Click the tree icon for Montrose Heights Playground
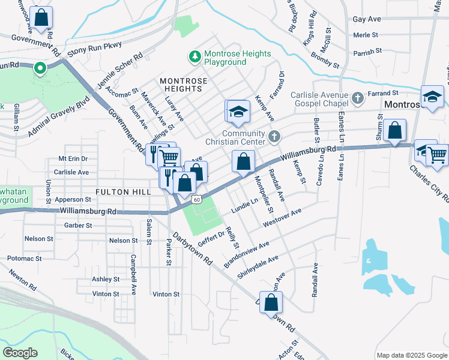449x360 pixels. [x=194, y=57]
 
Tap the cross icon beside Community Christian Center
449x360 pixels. [x=274, y=137]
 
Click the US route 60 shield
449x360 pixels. [x=196, y=198]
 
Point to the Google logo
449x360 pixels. [x=20, y=352]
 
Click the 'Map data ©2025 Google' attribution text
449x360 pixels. [x=411, y=355]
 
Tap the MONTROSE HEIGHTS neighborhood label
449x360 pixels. [x=184, y=85]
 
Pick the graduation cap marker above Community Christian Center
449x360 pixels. [x=238, y=112]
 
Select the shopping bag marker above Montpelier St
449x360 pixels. [x=243, y=161]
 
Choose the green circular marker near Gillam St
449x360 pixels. [x=40, y=68]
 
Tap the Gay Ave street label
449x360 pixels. [x=367, y=19]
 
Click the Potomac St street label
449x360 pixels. [x=25, y=258]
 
